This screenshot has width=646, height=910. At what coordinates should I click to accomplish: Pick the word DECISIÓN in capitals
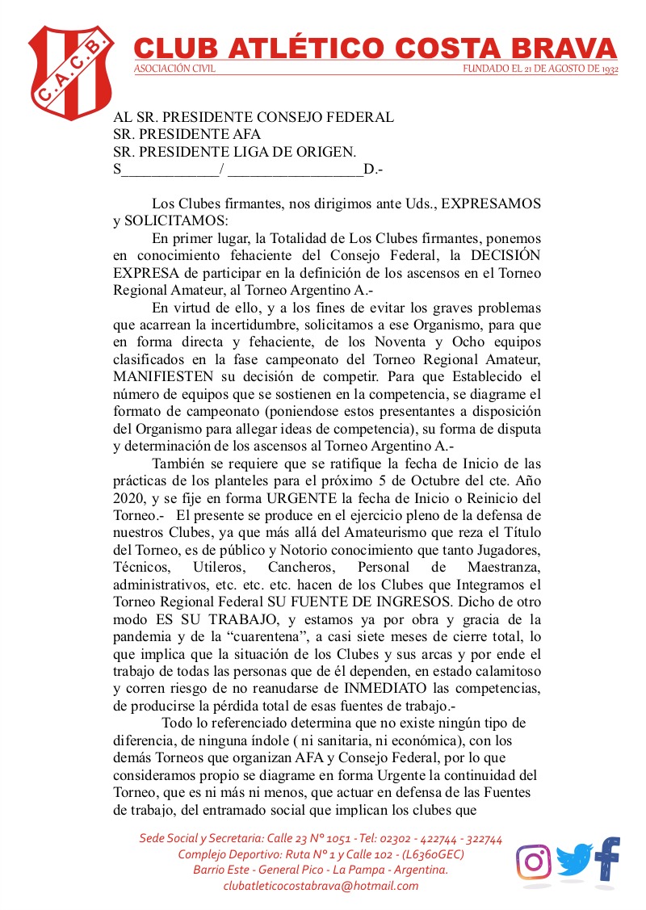pos(506,256)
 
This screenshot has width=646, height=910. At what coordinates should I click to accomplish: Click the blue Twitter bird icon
pos(573,861)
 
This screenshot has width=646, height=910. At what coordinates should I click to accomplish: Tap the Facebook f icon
pos(607,858)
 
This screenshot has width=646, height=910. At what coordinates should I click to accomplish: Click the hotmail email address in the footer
pos(321,885)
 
